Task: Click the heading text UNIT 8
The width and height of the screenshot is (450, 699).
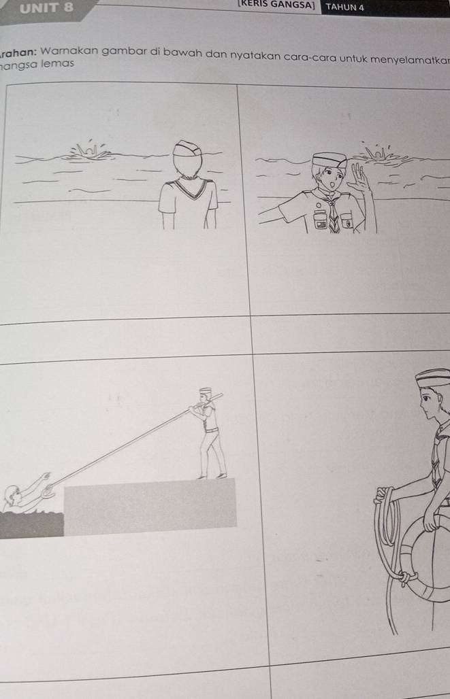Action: click(47, 8)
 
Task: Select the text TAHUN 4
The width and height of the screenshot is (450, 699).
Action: click(345, 7)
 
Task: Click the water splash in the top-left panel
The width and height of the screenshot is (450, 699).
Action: click(91, 152)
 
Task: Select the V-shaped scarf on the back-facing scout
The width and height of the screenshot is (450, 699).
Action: click(187, 187)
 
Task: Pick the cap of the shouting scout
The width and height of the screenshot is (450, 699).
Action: click(330, 160)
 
